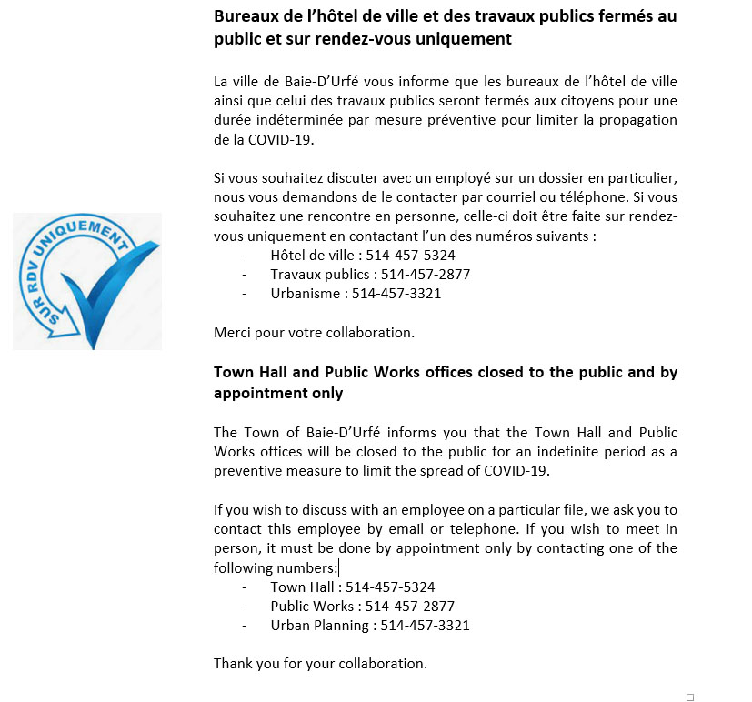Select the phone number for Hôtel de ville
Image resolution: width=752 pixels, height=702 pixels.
(410, 255)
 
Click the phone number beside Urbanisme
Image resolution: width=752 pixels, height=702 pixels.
(396, 293)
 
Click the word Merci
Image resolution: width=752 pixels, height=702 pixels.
(233, 332)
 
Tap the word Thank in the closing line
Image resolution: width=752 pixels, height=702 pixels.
(233, 663)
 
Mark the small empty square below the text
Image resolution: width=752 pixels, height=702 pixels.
(689, 697)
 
